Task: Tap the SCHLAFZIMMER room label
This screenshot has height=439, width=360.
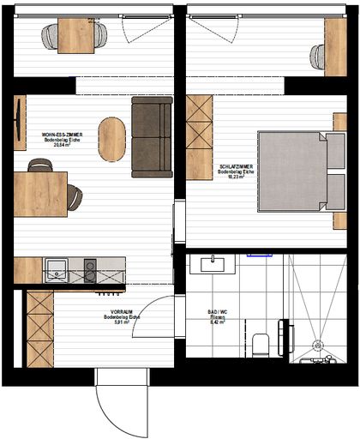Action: [x=236, y=168]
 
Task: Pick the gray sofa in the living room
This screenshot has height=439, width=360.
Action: [x=152, y=136]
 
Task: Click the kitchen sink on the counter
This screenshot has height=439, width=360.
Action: [x=57, y=271]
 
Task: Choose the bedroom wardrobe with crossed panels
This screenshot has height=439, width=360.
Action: [x=199, y=137]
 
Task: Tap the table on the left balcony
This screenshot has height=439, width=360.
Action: [x=75, y=36]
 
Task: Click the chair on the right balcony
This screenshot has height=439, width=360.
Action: [x=318, y=57]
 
